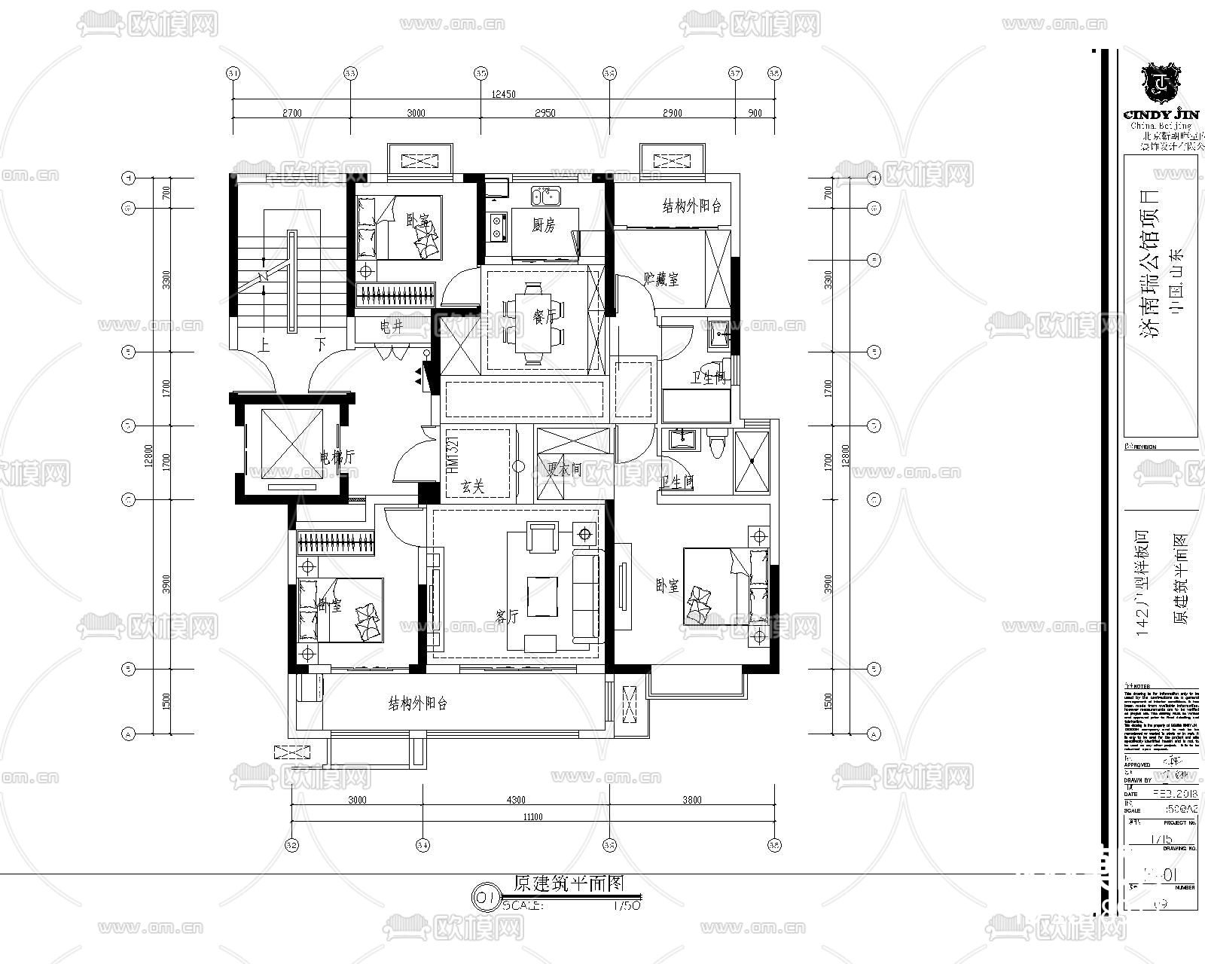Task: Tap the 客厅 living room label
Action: click(507, 616)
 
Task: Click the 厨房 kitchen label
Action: click(543, 225)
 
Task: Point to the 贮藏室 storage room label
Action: click(662, 279)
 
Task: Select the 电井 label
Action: click(391, 326)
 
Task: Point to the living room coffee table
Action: click(541, 596)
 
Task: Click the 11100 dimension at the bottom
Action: click(531, 816)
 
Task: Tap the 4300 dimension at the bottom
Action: click(516, 800)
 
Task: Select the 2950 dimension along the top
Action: click(544, 113)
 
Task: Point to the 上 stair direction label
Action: click(264, 346)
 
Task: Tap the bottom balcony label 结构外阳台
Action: click(418, 704)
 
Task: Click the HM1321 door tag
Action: click(453, 453)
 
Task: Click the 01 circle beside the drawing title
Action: click(484, 897)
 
